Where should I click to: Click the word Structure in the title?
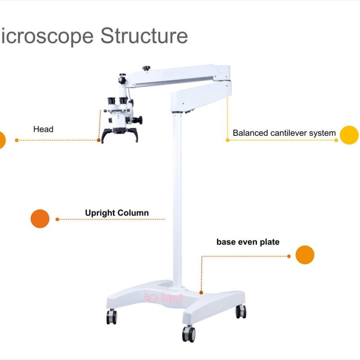(144, 36)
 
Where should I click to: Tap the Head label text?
(43, 129)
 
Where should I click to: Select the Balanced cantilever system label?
(284, 133)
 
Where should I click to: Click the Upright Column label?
(117, 213)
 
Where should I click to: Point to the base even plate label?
(247, 242)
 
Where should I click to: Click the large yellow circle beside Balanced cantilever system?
(349, 135)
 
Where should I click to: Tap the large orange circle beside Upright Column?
(40, 219)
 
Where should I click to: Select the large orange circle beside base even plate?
(305, 255)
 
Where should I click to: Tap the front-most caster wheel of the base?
(189, 334)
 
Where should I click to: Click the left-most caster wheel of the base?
(112, 317)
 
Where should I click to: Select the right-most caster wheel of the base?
(241, 311)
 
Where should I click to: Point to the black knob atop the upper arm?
(147, 68)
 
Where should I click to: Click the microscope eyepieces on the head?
(117, 100)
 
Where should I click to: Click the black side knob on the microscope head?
(139, 119)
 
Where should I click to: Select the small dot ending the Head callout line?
(99, 140)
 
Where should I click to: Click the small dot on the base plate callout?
(201, 292)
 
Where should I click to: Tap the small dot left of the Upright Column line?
(57, 219)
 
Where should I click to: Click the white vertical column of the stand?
(178, 197)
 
